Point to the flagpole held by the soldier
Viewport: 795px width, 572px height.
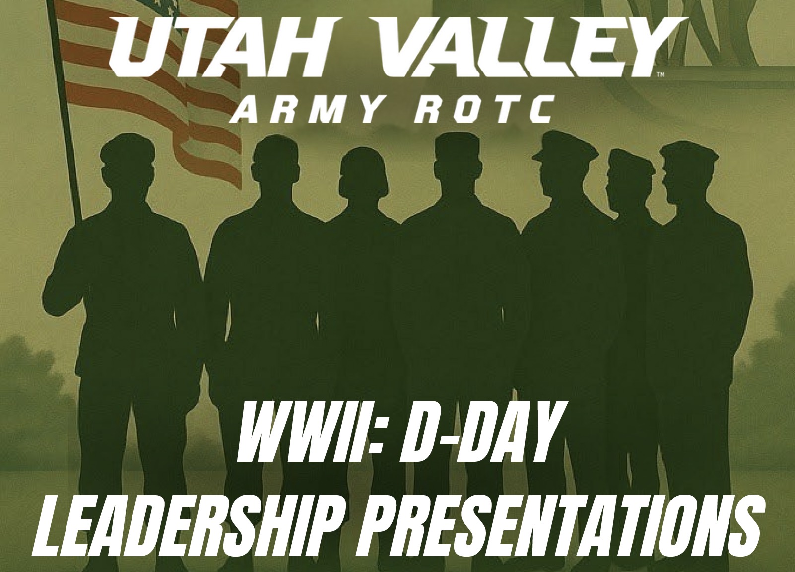coord(66,110)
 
